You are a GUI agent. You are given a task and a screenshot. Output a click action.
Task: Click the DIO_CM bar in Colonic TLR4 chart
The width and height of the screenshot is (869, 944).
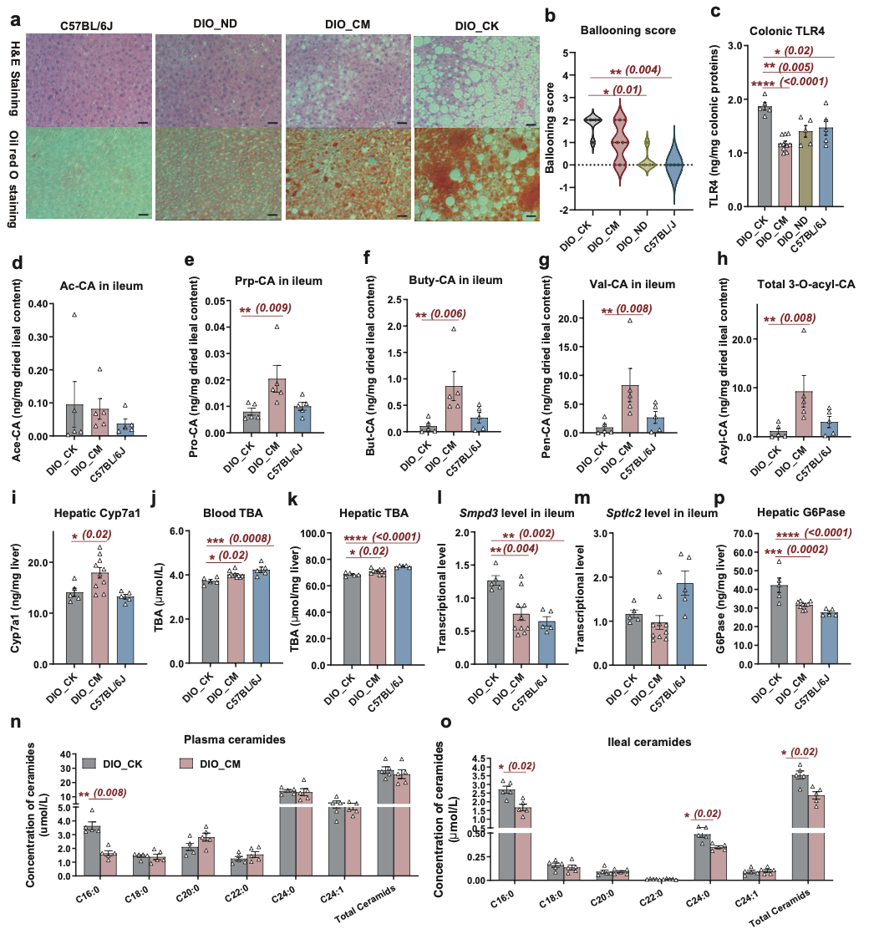[x=785, y=175]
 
